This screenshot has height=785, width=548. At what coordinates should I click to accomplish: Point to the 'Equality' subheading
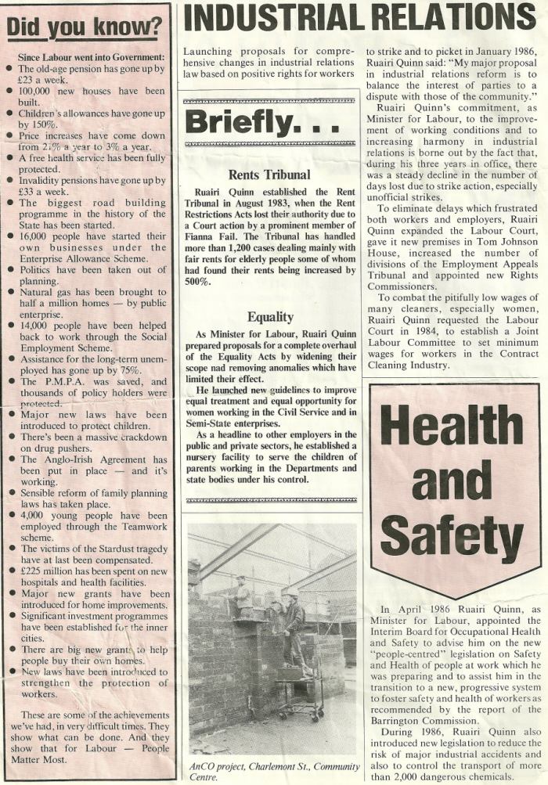[270, 317]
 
